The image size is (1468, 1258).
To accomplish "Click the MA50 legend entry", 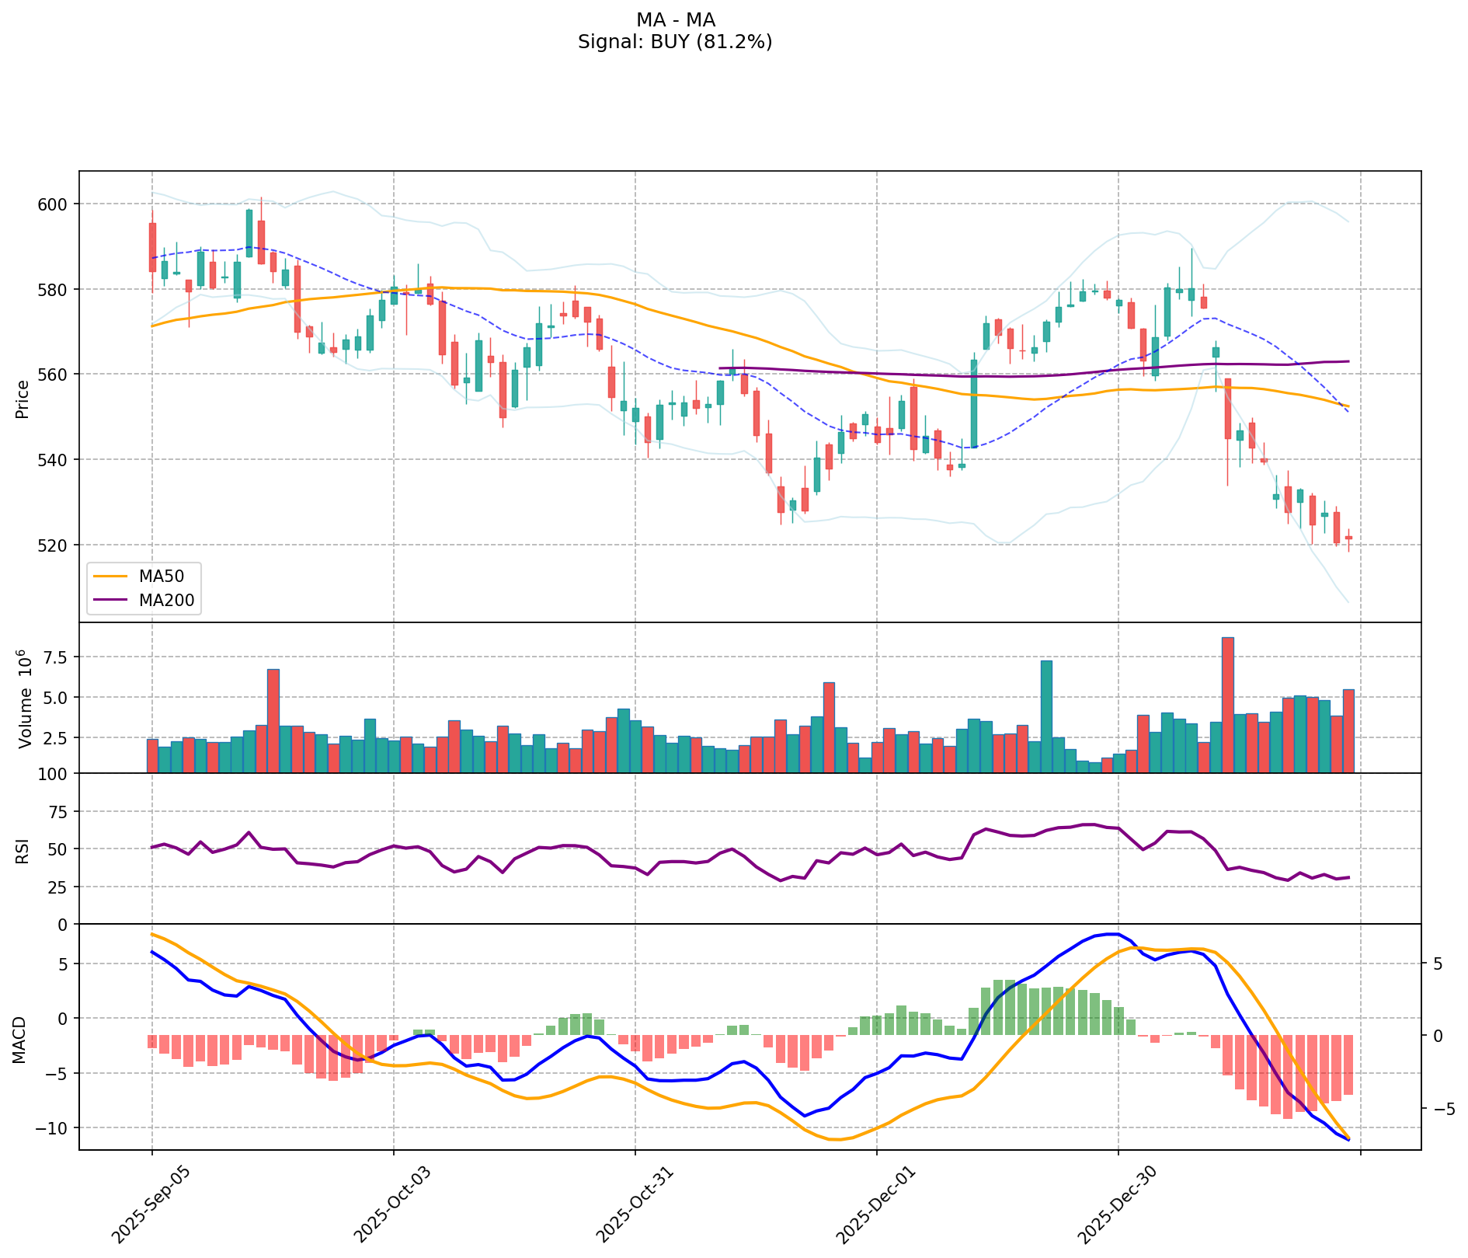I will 161,576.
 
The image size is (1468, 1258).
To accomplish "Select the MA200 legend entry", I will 165,599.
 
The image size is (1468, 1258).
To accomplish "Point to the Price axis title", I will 23,399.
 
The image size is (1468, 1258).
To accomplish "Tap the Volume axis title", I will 25,699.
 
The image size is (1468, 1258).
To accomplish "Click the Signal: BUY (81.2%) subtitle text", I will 675,42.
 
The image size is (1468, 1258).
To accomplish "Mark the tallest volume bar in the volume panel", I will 1227,705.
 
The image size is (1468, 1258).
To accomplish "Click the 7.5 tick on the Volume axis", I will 56,657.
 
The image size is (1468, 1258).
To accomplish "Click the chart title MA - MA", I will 675,20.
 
